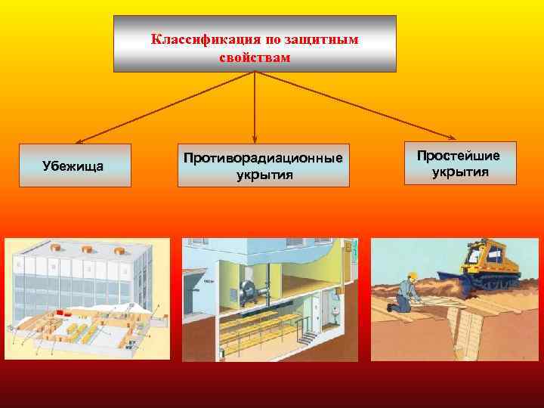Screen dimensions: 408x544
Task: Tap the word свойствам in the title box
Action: (255, 57)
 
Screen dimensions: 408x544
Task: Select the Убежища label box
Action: (75, 165)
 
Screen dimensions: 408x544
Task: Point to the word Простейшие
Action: (459, 156)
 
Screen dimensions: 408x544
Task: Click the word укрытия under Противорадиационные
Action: (263, 175)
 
